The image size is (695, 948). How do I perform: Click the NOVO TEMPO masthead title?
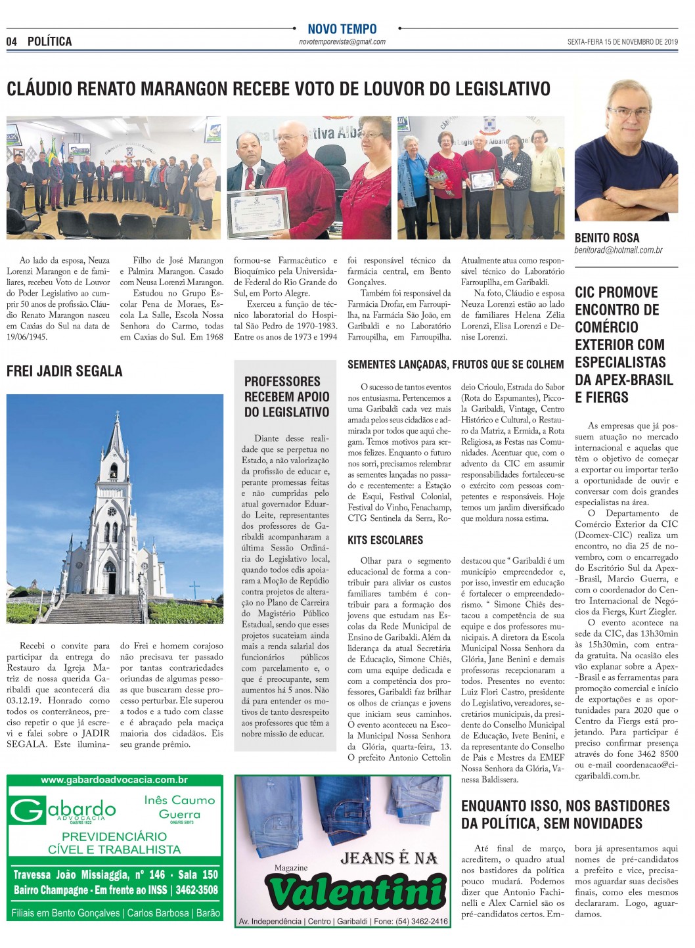pyautogui.click(x=342, y=29)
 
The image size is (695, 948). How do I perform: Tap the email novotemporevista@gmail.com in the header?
pyautogui.click(x=342, y=42)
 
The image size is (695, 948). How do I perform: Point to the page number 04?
pyautogui.click(x=11, y=41)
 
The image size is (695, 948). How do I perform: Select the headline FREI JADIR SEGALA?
pyautogui.click(x=64, y=371)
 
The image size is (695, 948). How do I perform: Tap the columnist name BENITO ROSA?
pyautogui.click(x=607, y=238)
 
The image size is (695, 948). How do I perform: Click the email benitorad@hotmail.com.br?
pyautogui.click(x=619, y=250)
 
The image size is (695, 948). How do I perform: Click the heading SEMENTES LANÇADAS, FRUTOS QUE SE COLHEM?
pyautogui.click(x=456, y=364)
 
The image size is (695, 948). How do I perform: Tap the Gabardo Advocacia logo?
pyautogui.click(x=63, y=811)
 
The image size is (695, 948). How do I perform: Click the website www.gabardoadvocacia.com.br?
pyautogui.click(x=114, y=780)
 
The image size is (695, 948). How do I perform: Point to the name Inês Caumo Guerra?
pyautogui.click(x=179, y=807)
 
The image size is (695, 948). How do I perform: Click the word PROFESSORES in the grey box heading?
pyautogui.click(x=282, y=381)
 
